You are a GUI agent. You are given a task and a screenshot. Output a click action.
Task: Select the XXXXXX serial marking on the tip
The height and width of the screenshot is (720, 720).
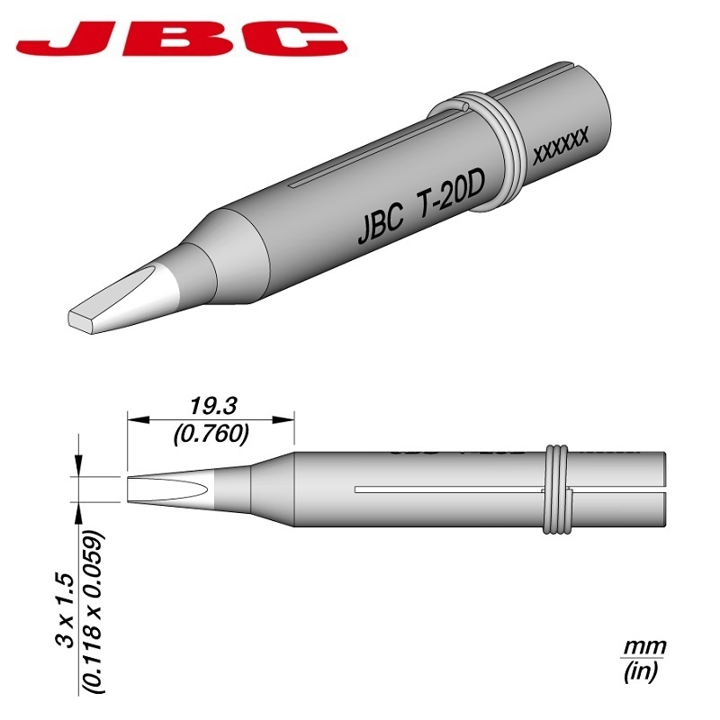[561, 145]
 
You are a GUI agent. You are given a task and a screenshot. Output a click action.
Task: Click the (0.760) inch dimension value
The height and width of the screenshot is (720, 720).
[211, 434]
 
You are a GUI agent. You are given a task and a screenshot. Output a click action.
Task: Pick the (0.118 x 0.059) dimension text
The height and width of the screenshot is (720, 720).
[94, 612]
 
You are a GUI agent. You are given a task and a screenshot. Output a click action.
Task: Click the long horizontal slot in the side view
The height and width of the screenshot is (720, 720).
[450, 490]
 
